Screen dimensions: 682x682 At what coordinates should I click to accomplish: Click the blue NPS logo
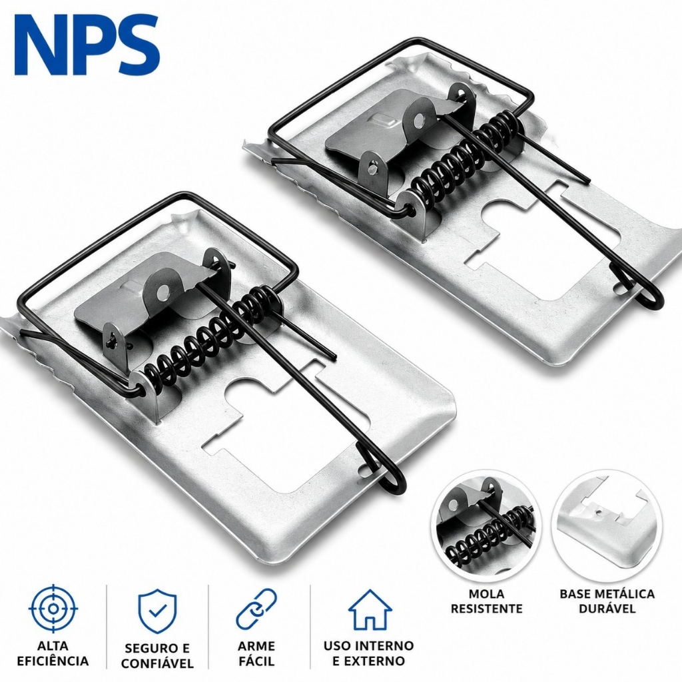(x=87, y=45)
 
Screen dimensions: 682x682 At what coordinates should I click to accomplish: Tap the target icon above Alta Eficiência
(x=53, y=609)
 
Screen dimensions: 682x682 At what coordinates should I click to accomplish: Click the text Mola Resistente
(x=486, y=601)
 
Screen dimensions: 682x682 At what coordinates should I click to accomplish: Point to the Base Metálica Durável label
(x=607, y=601)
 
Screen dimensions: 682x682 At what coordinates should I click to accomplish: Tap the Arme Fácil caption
(x=256, y=653)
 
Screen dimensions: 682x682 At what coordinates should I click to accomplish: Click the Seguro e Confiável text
(x=157, y=655)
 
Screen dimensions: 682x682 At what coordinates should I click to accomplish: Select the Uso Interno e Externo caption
(x=368, y=653)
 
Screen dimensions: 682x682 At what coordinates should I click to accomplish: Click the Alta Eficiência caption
(x=53, y=653)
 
